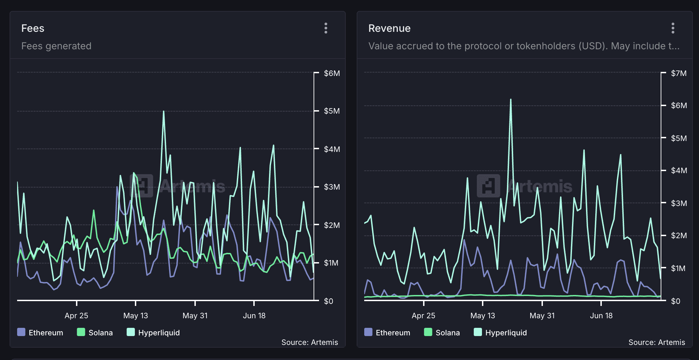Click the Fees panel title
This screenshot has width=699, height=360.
coord(33,28)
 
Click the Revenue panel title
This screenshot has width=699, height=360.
coord(389,28)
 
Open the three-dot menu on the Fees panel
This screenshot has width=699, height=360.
coord(326,28)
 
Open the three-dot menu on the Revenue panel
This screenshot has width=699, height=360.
coord(673,28)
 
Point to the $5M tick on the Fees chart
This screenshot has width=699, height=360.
coord(332,111)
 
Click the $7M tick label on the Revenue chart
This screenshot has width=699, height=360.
coord(678,73)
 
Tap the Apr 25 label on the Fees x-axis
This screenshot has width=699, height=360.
coord(76,316)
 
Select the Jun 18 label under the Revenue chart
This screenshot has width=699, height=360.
coord(601,316)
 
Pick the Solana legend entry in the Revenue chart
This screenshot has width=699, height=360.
coord(442,332)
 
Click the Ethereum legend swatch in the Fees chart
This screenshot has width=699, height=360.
coord(21,332)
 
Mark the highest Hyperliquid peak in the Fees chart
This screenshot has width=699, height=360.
coord(164,111)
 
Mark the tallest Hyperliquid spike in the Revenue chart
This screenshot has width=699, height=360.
coord(511,100)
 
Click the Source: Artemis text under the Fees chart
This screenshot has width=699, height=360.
coord(309,342)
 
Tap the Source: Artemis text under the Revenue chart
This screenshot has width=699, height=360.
coord(657,342)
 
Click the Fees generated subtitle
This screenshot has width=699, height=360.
coord(56,46)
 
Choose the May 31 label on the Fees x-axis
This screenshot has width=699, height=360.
coord(195,316)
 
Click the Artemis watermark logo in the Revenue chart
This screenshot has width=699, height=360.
coord(488,186)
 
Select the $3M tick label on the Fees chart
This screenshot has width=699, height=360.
coord(332,187)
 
